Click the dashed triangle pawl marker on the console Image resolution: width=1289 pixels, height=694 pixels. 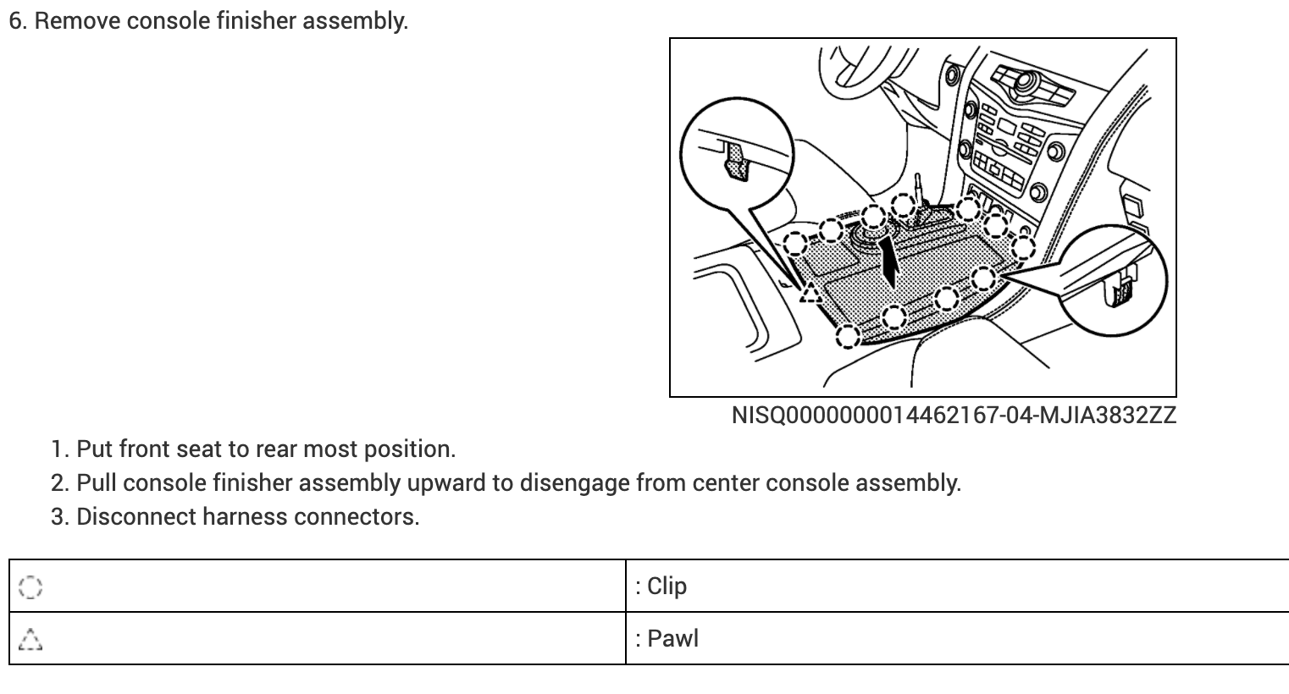(810, 293)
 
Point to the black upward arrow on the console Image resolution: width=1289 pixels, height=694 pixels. (889, 262)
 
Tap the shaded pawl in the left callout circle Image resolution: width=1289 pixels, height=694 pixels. (738, 161)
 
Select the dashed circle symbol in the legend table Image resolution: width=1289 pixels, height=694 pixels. (29, 587)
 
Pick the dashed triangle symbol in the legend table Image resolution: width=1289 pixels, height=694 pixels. (30, 639)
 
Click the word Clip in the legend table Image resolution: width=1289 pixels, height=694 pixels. (667, 586)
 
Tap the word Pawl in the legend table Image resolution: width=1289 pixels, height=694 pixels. (672, 638)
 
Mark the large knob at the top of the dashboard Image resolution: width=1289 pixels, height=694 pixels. (1027, 82)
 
